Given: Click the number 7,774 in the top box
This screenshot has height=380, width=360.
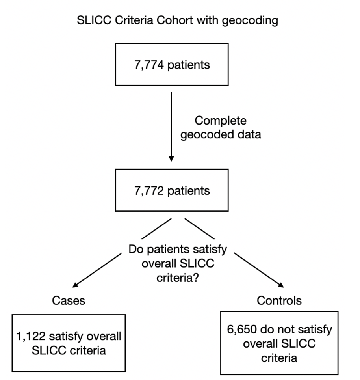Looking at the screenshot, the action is pos(149,65).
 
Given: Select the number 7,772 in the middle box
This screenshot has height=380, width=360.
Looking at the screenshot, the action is pos(149,191).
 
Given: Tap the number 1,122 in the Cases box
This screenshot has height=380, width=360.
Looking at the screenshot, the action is pos(31,336).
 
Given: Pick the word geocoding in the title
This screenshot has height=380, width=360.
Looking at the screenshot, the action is pos(250,21).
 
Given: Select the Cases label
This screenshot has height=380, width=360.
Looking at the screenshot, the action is pos(69,300).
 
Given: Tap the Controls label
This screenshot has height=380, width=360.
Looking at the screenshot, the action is pos(279,300).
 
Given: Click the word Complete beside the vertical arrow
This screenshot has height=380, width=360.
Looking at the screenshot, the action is pos(221,121).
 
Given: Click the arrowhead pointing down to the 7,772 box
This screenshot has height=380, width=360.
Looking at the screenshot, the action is pos(171,159).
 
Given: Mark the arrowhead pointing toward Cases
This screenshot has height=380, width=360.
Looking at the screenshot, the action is pos(75,285).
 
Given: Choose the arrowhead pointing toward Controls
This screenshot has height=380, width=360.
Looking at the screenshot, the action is pos(281,285).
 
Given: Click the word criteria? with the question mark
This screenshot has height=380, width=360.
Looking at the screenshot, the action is pos(178,278).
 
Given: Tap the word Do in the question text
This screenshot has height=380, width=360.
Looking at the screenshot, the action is pos(136,249).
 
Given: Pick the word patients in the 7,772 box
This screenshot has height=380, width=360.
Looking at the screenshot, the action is pos(189,191).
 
